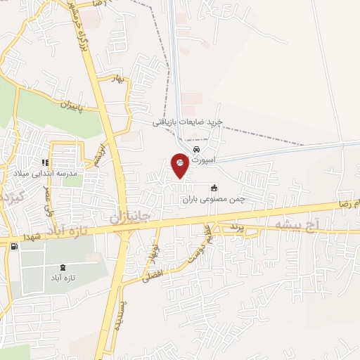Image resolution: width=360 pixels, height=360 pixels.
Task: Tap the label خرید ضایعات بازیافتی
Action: [188, 122]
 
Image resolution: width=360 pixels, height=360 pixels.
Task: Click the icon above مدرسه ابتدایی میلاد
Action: [46, 163]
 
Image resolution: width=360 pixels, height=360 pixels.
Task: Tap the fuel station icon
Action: [13, 245]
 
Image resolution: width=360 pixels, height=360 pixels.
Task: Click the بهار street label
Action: [120, 79]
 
